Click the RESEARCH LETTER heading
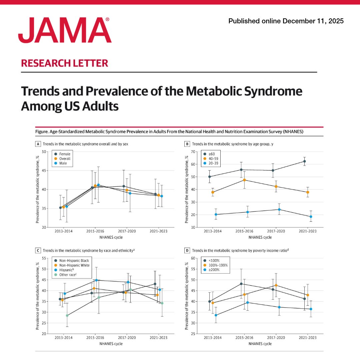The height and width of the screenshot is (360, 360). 64,63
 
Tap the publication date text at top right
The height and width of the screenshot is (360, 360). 286,21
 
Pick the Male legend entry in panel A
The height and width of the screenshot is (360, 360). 63,163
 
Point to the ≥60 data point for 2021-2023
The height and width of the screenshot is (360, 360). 304,161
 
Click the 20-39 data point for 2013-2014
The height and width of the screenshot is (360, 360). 216,214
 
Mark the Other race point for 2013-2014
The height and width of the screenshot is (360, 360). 67,315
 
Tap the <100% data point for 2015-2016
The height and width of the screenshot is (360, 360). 241,284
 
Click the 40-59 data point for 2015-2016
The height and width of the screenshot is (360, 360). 244,180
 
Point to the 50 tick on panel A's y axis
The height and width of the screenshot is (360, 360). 44,152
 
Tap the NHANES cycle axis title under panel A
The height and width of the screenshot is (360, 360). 110,237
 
